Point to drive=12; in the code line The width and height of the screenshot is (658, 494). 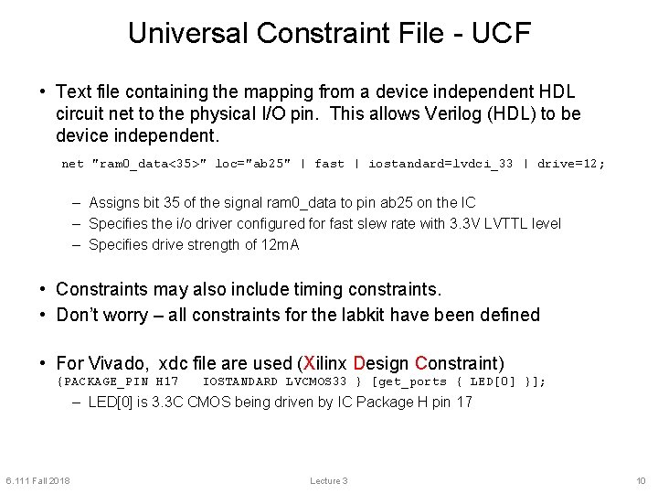pyautogui.click(x=571, y=164)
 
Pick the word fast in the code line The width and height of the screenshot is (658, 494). pyautogui.click(x=329, y=164)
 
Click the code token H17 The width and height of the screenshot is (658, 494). pyautogui.click(x=167, y=381)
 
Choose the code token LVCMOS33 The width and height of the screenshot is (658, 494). pyautogui.click(x=316, y=381)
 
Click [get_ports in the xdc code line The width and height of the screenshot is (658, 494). pyautogui.click(x=409, y=381)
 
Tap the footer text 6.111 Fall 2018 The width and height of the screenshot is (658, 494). pyautogui.click(x=37, y=481)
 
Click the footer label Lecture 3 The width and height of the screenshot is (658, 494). pyautogui.click(x=329, y=481)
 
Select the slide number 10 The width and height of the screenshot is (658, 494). pyautogui.click(x=640, y=481)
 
